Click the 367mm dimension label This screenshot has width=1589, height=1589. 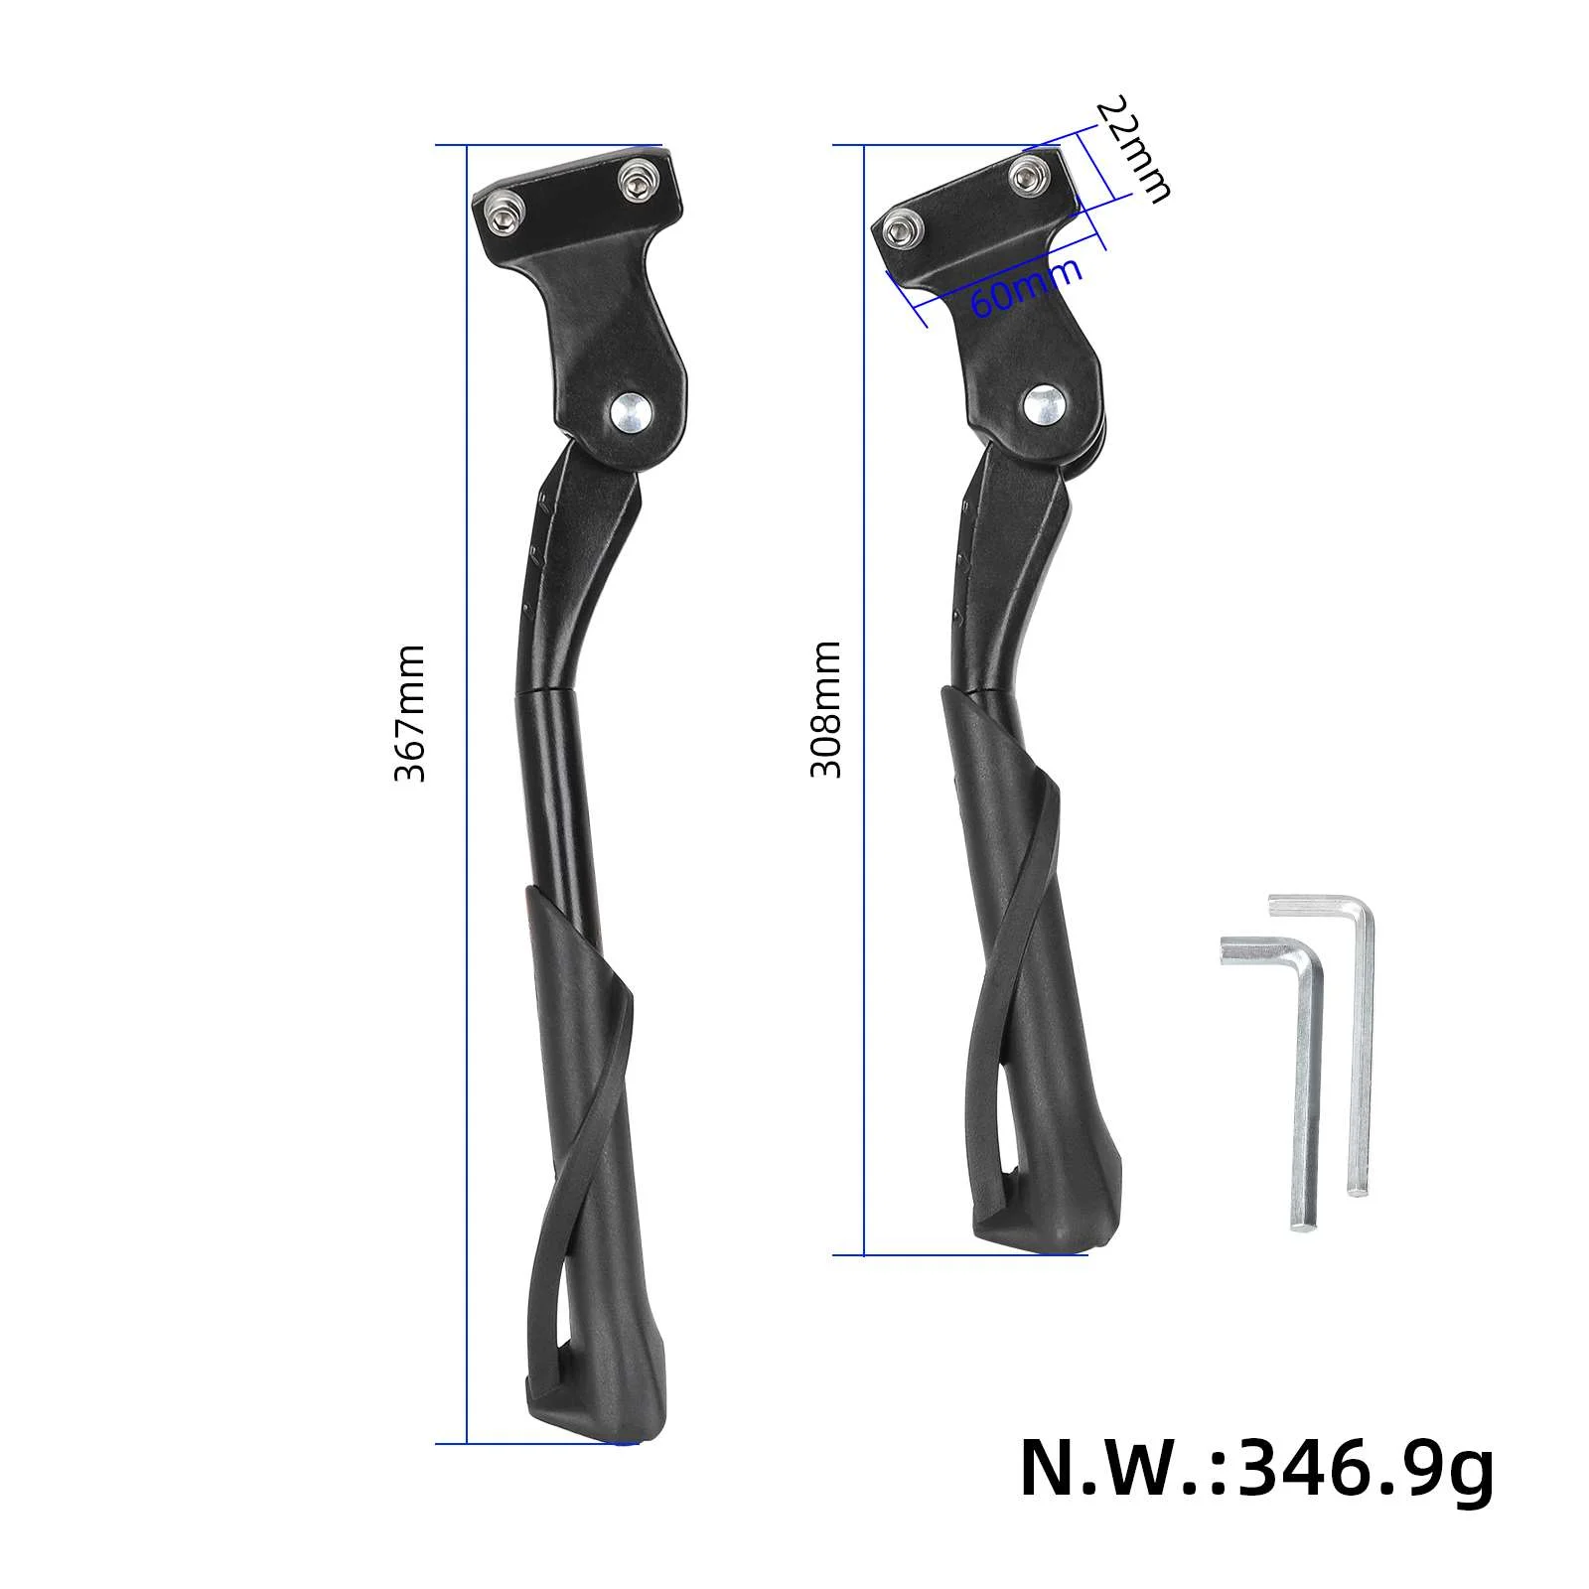pos(409,713)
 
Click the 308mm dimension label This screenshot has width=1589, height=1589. pos(826,709)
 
